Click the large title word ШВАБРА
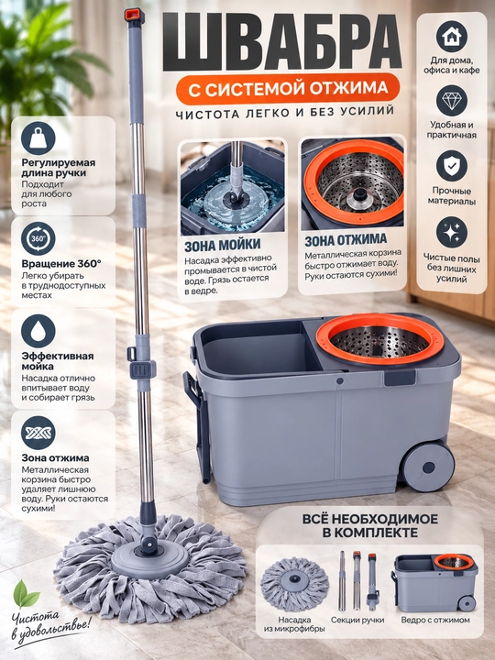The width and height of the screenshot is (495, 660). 282,41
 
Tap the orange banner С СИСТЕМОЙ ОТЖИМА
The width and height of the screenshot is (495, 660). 288,89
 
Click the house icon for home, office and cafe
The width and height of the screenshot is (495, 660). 452,36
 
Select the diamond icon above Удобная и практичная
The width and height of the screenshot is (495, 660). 452,101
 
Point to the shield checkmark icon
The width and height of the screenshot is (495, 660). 452,166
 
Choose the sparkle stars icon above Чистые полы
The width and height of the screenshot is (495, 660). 452,232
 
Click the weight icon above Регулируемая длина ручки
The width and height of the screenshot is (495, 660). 38,138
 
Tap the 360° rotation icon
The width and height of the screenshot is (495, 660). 38,239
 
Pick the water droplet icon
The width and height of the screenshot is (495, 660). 38,331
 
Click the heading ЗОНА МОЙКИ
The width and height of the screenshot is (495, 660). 222,246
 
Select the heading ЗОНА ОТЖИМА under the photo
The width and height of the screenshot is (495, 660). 346,240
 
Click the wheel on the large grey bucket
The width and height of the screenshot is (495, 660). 428,467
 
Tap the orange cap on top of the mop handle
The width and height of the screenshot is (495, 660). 134,16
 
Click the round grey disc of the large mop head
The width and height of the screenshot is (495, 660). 149,557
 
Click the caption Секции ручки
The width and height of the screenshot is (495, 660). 357,620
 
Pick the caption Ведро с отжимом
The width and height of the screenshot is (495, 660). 435,620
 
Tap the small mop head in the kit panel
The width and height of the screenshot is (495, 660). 294,583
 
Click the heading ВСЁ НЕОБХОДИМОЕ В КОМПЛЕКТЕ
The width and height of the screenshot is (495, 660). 370,525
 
